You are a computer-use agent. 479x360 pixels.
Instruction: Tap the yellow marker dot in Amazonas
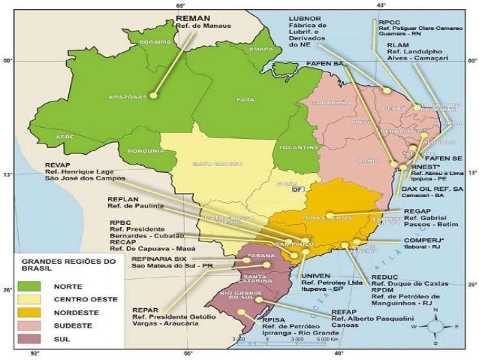coord(153,95)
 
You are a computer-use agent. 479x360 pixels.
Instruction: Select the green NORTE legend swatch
coord(31,286)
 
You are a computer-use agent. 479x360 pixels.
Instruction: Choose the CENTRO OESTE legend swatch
coord(31,299)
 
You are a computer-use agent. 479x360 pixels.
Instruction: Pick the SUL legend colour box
coord(31,339)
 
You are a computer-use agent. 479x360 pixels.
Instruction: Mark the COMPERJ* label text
coord(423,240)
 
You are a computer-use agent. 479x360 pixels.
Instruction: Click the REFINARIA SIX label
coord(158,258)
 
